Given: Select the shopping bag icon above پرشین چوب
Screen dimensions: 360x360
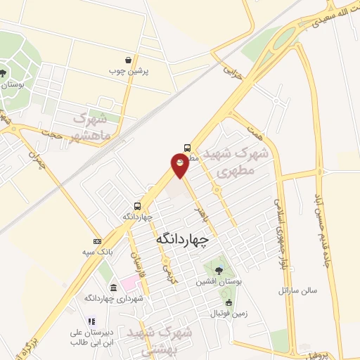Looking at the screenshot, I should click(x=127, y=60).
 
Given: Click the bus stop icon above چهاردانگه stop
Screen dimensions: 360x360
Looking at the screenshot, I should click(x=138, y=207).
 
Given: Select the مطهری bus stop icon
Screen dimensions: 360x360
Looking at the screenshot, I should click(x=188, y=148).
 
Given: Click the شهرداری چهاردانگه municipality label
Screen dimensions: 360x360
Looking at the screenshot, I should click(x=114, y=299).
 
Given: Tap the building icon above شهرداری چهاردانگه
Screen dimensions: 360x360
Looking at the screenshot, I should click(x=114, y=288).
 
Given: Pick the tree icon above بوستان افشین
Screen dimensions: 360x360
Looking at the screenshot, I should click(x=219, y=270).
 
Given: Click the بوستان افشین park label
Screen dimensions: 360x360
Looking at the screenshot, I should click(x=219, y=281).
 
